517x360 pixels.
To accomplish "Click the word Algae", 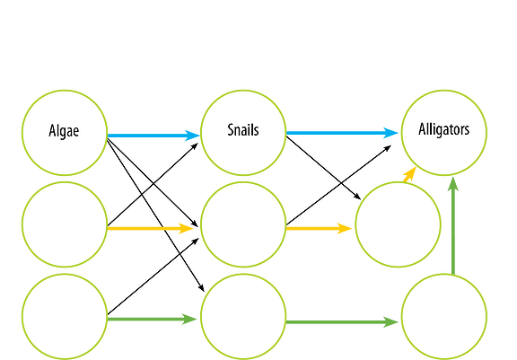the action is pos(64,131).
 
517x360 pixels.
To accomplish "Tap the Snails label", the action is pos(243,130).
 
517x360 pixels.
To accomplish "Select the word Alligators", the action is pos(443,129).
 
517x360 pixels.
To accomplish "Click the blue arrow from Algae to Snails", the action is pos(153,136).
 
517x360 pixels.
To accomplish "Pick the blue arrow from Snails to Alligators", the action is pos(342,133).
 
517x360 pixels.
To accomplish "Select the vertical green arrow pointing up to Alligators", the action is pos(453,226).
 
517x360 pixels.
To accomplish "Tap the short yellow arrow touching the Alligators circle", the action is pos(409,174).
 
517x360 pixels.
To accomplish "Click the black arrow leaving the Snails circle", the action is pos(323,168).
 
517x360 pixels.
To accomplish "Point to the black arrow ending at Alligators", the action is pos(338,185).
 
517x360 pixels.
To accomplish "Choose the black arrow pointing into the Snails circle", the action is pos(153,185).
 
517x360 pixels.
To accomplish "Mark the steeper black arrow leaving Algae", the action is pos(155,215).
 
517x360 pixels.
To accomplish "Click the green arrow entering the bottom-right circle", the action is pos(342,322).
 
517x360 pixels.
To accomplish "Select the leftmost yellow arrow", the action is pos(151,228).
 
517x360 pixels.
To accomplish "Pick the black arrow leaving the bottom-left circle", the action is pos(153,277).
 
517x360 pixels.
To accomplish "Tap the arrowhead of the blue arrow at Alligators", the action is pos(390,133).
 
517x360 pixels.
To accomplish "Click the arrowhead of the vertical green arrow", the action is pos(453,184).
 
